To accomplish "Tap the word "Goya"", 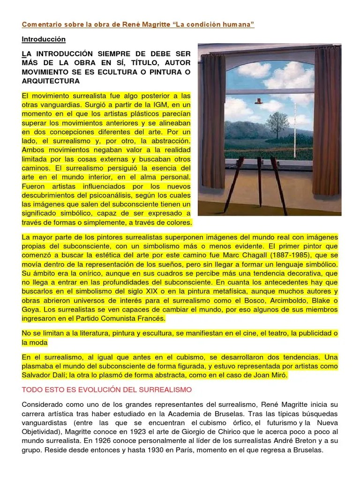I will coord(30,309).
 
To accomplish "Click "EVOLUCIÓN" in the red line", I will coord(90,390).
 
